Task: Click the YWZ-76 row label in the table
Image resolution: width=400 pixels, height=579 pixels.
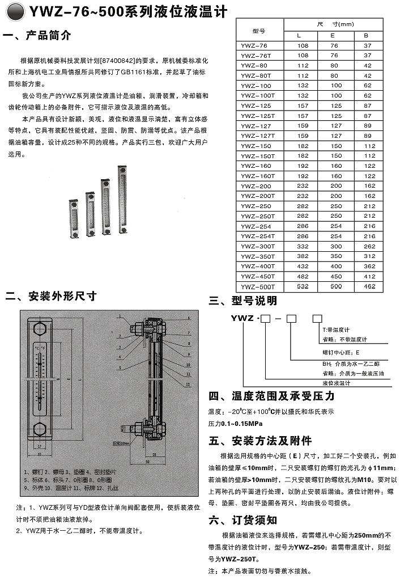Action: tap(253, 45)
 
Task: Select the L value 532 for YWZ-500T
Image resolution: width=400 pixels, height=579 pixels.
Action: tap(303, 287)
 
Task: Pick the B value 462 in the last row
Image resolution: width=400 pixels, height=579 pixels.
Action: tap(369, 287)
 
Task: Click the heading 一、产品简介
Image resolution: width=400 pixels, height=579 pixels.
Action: tap(37, 36)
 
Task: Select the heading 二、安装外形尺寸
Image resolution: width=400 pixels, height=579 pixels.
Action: tap(50, 295)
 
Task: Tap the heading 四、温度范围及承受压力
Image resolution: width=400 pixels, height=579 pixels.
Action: tap(268, 396)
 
